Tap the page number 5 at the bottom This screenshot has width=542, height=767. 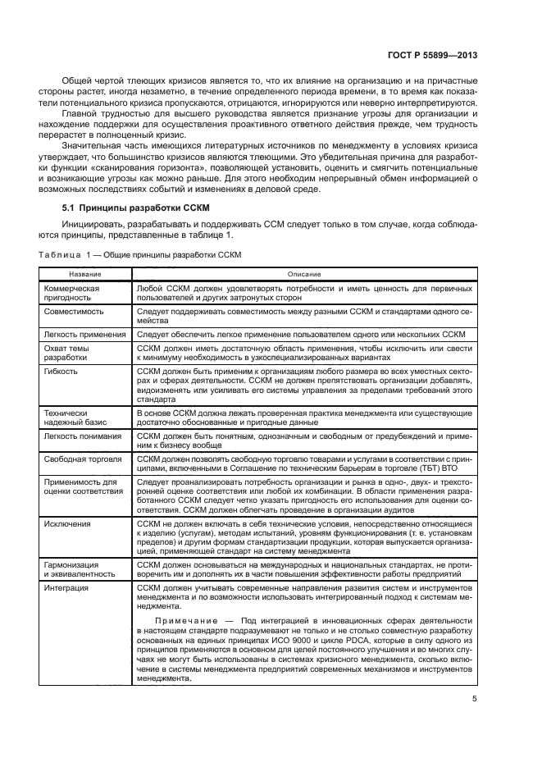tap(475, 699)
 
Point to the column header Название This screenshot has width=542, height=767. tap(85, 273)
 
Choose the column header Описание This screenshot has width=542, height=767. tap(303, 273)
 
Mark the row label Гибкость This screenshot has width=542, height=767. tap(61, 371)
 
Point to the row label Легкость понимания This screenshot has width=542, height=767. tap(83, 436)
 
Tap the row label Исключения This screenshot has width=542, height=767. tap(68, 523)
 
